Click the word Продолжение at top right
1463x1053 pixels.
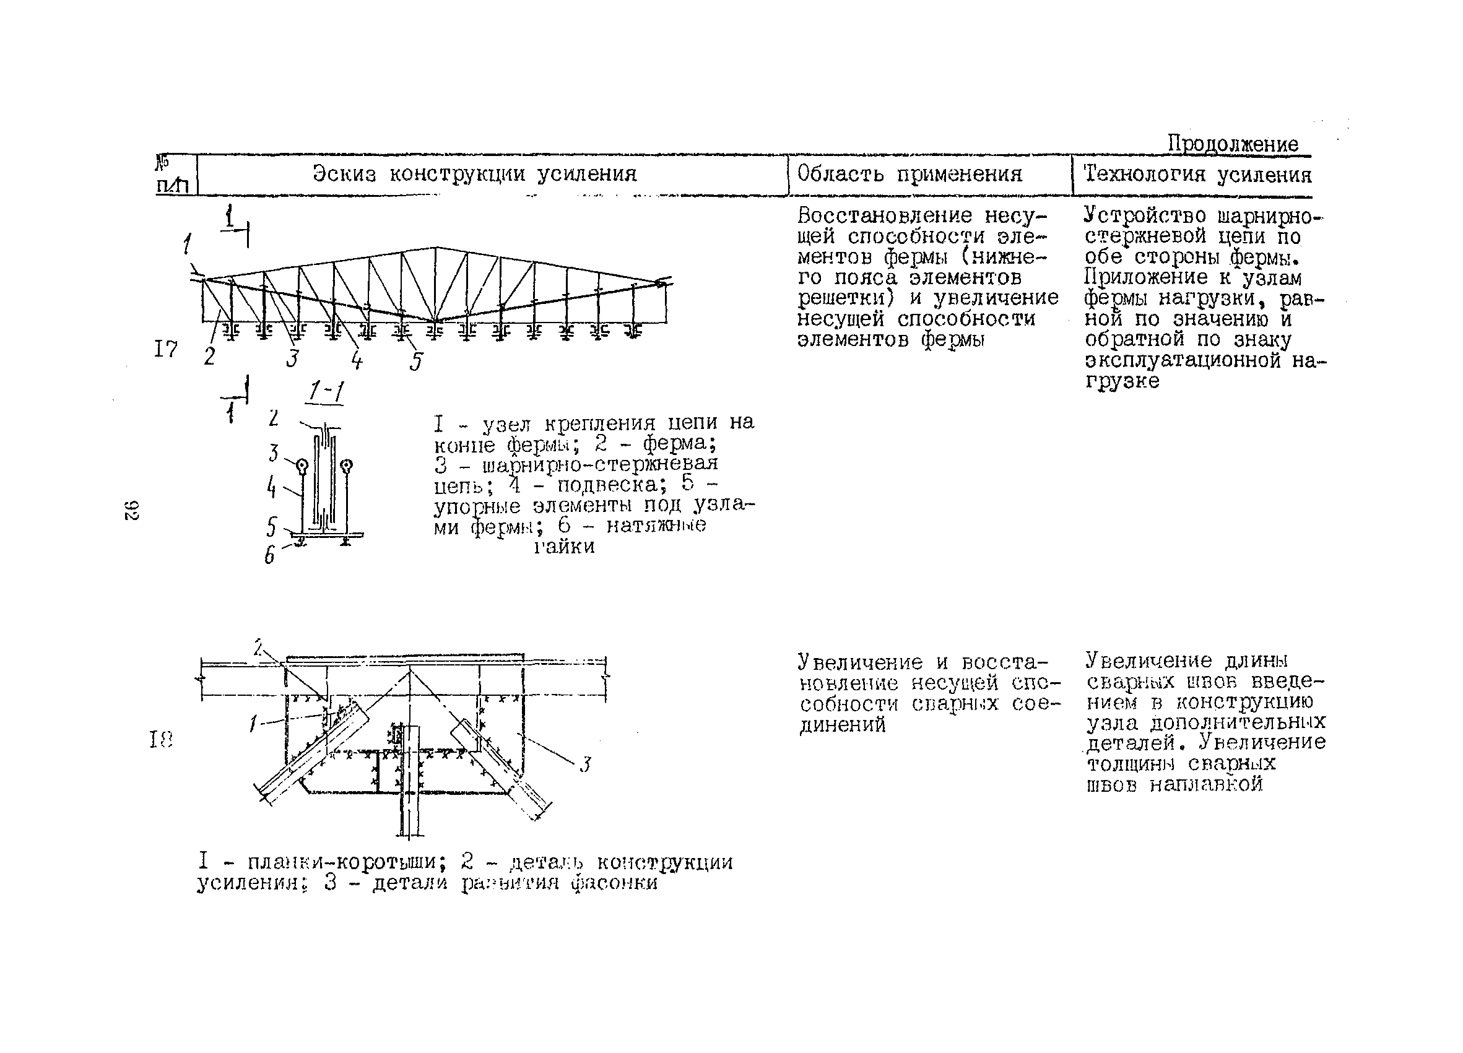pos(1233,144)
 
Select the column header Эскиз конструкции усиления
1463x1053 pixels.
pos(475,173)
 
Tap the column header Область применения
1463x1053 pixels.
pos(909,173)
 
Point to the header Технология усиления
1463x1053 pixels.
pos(1197,174)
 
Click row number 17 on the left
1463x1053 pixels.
pos(166,349)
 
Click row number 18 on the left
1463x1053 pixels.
pos(161,740)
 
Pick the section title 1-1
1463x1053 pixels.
pos(326,391)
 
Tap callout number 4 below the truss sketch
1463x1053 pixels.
pos(357,359)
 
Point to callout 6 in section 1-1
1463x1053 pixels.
pos(270,555)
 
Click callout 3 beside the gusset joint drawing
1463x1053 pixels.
pos(585,765)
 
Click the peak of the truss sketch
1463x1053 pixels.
pos(436,248)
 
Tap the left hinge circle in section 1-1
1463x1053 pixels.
pos(302,466)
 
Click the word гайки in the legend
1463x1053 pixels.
pos(564,547)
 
